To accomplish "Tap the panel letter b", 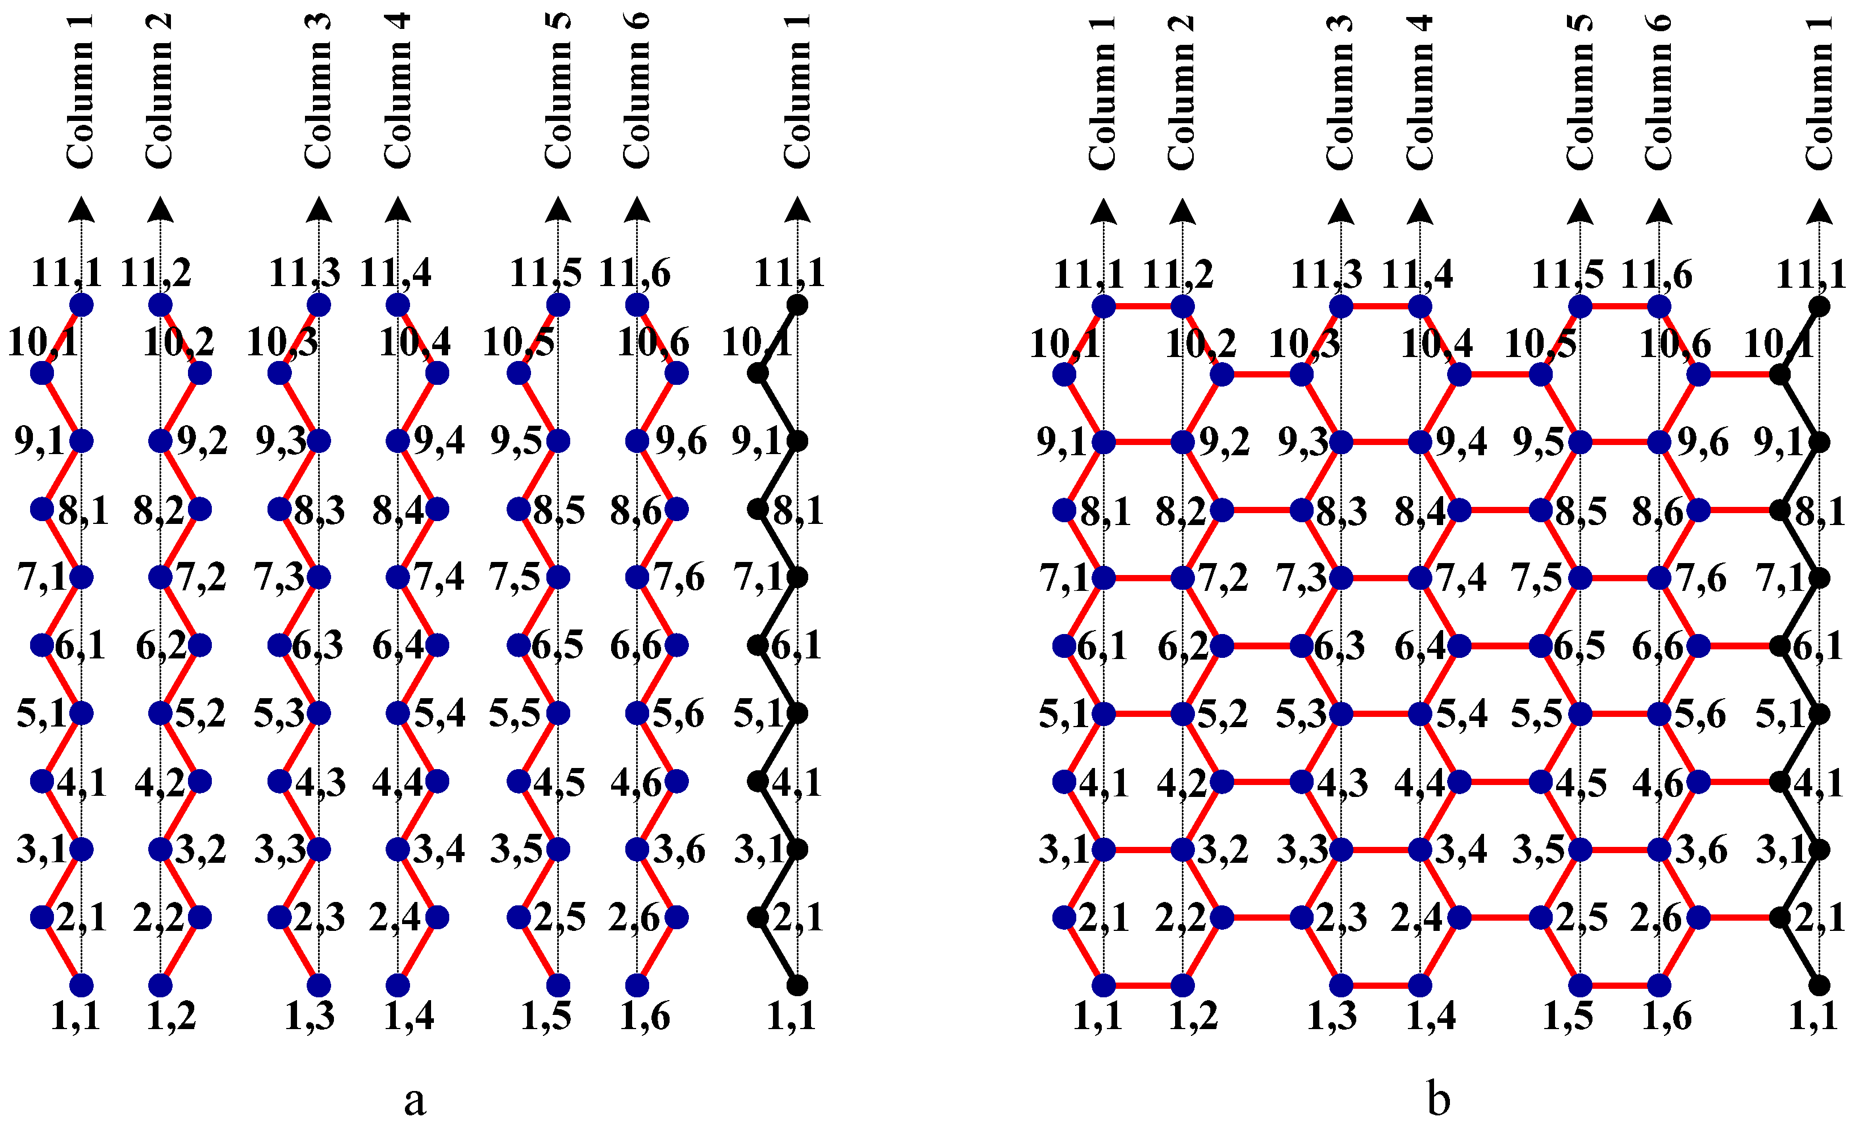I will pos(1438,1099).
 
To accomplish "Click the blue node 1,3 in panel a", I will pos(319,985).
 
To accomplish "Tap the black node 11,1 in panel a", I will pos(797,305).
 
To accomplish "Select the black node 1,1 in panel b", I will pos(1819,985).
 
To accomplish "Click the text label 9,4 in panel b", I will pos(1461,442).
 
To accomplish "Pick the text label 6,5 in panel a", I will pos(557,646).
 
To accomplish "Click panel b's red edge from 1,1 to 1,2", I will pos(1143,985).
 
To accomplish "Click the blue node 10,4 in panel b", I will pos(1459,374).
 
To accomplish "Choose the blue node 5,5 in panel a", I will pos(558,713).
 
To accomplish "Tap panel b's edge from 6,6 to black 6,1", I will pos(1739,646).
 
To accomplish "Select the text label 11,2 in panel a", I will pos(156,273).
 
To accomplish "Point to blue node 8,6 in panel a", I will pos(676,509).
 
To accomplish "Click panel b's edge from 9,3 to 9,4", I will pos(1380,442).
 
